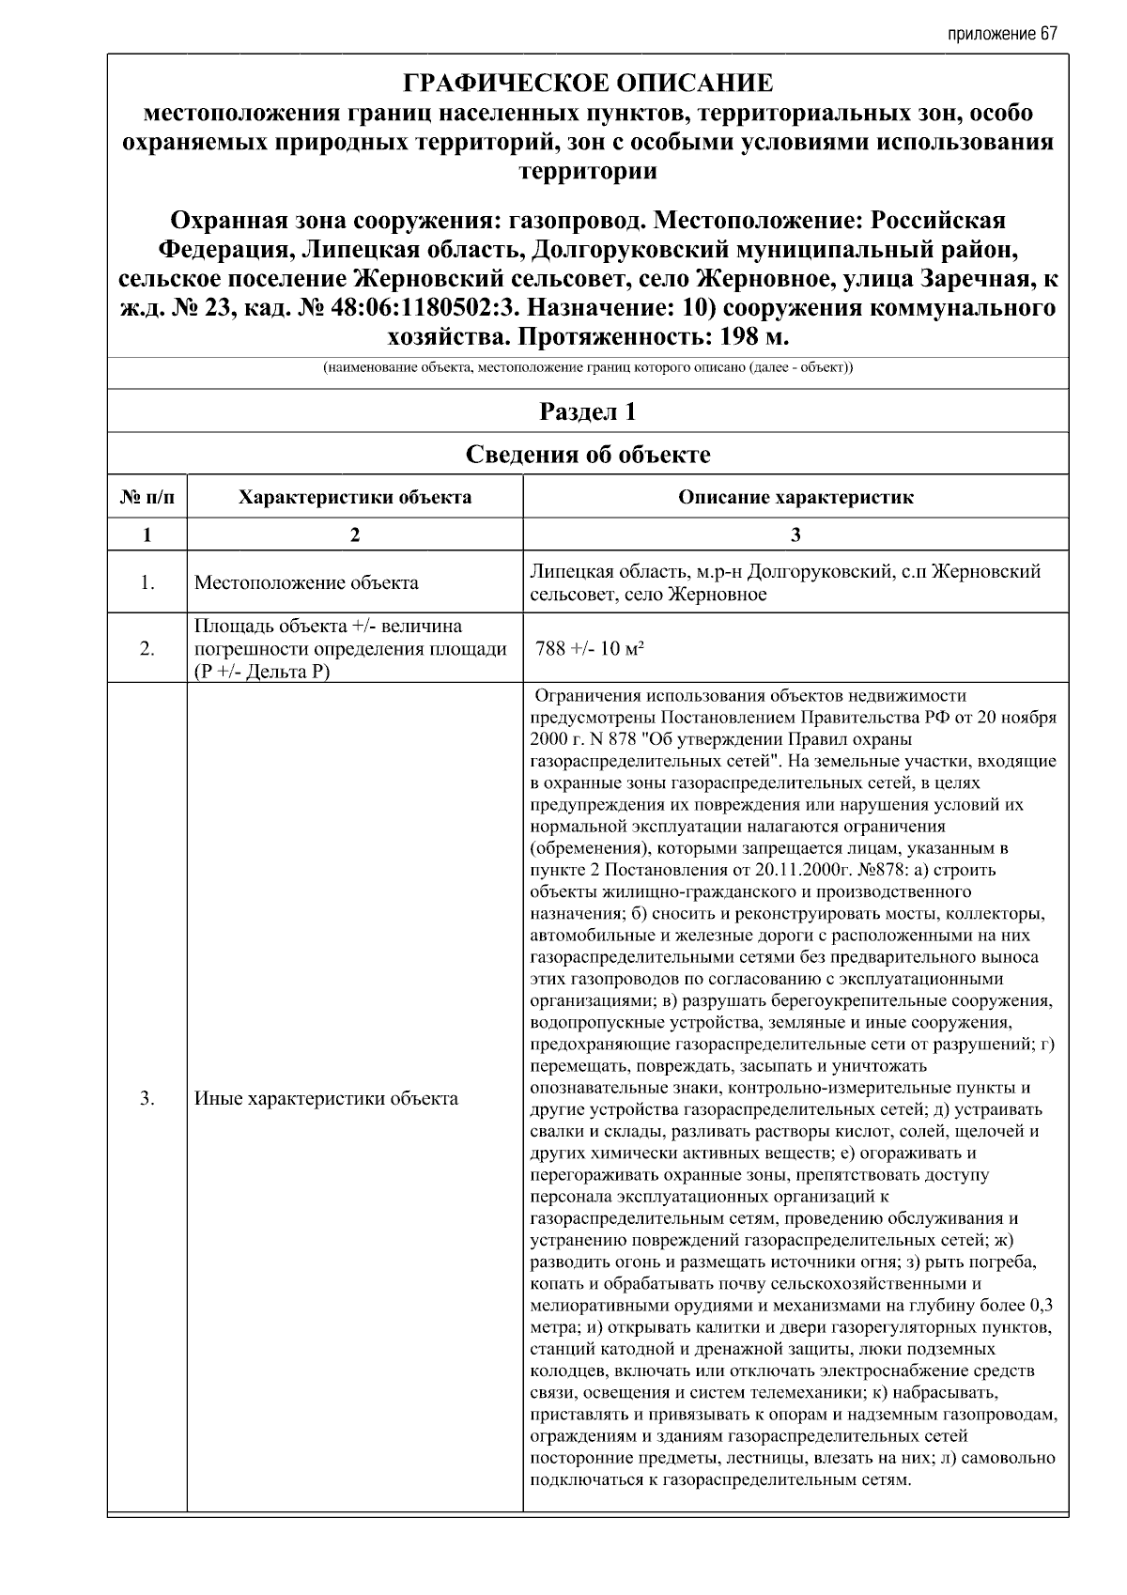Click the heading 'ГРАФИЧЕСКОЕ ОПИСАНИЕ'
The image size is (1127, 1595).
pos(588,84)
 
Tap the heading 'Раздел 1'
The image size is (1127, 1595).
pos(588,411)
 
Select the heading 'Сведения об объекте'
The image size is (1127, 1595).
pos(588,455)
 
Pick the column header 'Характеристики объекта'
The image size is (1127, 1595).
pos(355,497)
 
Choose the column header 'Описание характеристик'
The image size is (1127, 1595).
pos(795,497)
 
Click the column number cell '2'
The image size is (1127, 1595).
pos(355,534)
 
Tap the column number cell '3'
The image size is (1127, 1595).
pos(795,534)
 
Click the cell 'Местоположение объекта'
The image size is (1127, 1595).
pos(306,583)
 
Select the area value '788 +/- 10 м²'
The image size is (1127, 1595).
pos(589,649)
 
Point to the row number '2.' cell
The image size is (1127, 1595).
pos(147,649)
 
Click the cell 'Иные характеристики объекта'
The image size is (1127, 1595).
pos(326,1098)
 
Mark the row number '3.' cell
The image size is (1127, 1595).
pos(147,1098)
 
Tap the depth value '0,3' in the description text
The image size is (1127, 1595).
pos(1041,1305)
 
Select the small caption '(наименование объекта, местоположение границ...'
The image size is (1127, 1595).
pos(588,368)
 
